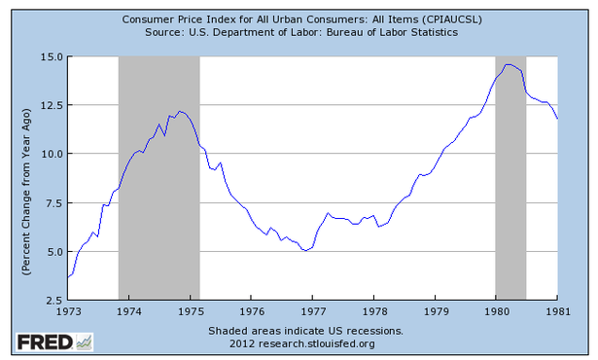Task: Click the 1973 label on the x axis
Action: pos(68,312)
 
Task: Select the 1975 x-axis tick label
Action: pos(191,312)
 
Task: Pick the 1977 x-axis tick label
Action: pos(313,312)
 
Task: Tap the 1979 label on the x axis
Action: pos(435,312)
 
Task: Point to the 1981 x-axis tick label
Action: pos(557,312)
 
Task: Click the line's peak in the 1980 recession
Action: pos(509,64)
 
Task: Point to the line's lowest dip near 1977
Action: pos(306,250)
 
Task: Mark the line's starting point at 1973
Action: pos(68,277)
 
